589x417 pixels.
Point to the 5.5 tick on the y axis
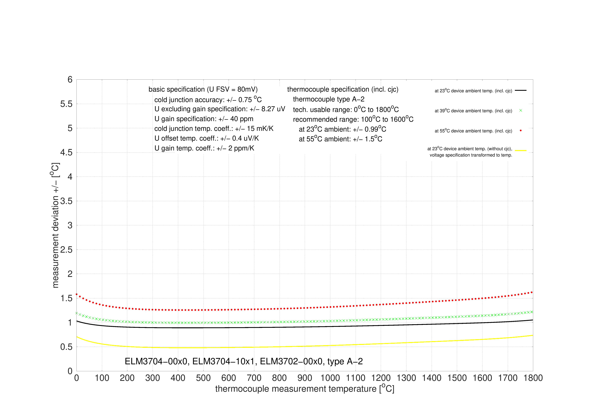coord(66,104)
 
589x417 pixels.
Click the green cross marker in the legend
coord(521,110)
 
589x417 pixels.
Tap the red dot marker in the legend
coord(521,130)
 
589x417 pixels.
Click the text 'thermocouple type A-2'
coord(329,99)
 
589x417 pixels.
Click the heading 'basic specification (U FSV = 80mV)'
coord(203,89)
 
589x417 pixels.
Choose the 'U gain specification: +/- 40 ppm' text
coord(204,119)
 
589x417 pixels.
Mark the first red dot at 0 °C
coord(77,294)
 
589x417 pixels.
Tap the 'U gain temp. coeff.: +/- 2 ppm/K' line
coord(204,148)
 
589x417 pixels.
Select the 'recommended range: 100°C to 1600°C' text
coord(353,119)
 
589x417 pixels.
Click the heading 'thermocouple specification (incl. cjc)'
coord(343,89)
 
